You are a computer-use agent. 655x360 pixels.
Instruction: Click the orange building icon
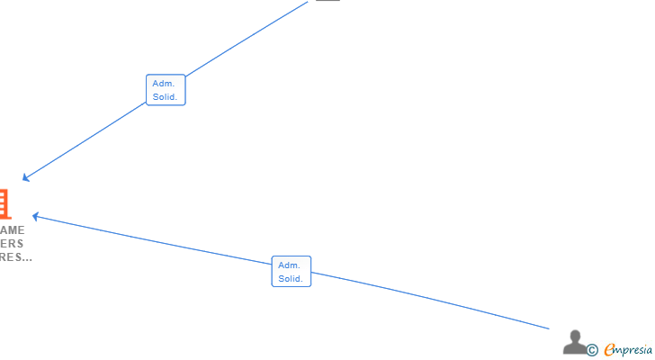4,203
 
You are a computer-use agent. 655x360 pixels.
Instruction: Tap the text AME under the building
13,230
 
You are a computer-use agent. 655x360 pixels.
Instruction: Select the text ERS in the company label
13,244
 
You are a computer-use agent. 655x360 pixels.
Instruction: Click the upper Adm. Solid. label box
166,90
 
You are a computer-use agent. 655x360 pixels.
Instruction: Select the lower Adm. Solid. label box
292,272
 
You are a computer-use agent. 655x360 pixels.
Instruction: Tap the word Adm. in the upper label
163,84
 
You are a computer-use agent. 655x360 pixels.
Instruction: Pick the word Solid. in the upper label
165,97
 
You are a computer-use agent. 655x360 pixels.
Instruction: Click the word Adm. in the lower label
289,265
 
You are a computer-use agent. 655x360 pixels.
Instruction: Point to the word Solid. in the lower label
291,279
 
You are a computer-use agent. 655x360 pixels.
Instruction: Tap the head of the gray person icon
575,336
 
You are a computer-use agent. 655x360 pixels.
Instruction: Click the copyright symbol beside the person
592,349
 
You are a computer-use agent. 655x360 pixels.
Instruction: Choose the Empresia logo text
629,349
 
